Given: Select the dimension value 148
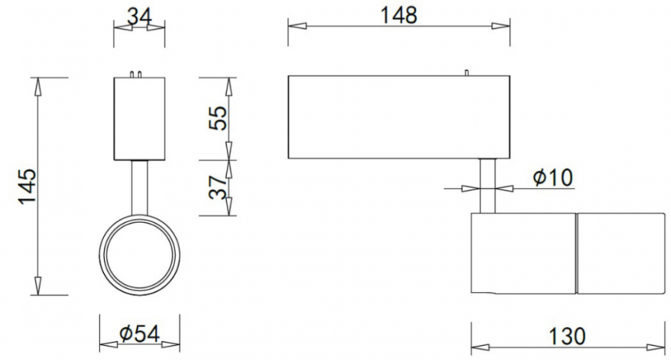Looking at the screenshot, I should click(400, 14).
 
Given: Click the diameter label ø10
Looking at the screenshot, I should click(553, 178).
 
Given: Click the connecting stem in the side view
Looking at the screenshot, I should click(486, 185).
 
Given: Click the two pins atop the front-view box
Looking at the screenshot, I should click(138, 74).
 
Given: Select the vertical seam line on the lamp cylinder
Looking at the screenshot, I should click(576, 253).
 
